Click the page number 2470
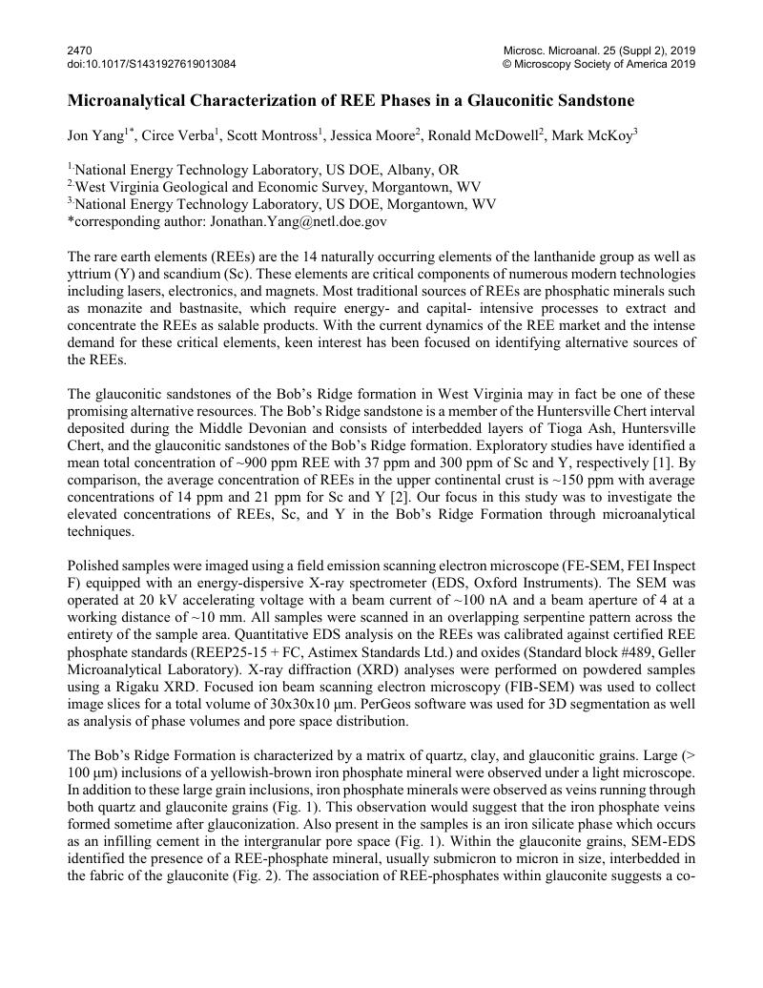(x=79, y=50)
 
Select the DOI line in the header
(x=152, y=64)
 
